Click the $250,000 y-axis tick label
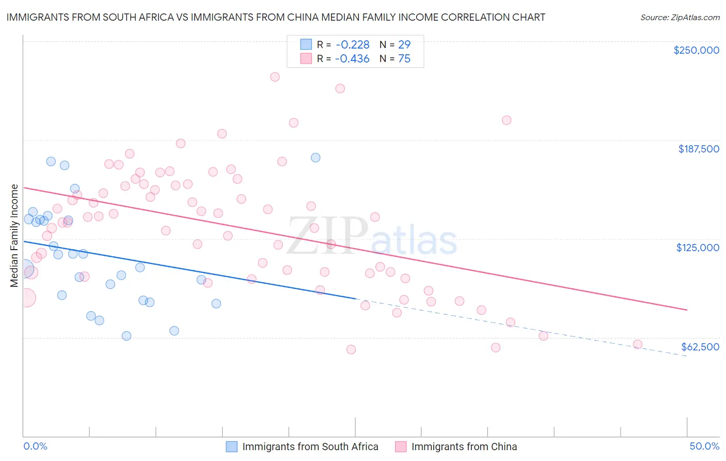click(x=696, y=50)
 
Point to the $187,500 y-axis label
click(x=698, y=149)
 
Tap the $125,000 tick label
click(x=698, y=248)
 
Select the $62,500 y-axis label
click(x=700, y=347)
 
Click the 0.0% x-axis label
click(x=35, y=446)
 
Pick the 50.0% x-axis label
click(x=704, y=446)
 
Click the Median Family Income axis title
click(x=14, y=236)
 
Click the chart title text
click(x=276, y=17)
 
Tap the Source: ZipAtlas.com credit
click(x=680, y=17)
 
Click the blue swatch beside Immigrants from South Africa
click(x=232, y=447)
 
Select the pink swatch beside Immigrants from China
click(x=401, y=447)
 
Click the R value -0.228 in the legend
click(x=352, y=45)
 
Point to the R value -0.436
click(x=352, y=59)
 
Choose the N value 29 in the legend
click(x=404, y=45)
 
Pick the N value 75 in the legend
click(x=404, y=59)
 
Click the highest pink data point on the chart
click(x=275, y=77)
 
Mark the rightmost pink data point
click(x=637, y=344)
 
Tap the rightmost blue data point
click(x=315, y=158)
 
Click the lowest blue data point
click(x=127, y=336)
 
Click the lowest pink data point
click(x=351, y=349)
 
